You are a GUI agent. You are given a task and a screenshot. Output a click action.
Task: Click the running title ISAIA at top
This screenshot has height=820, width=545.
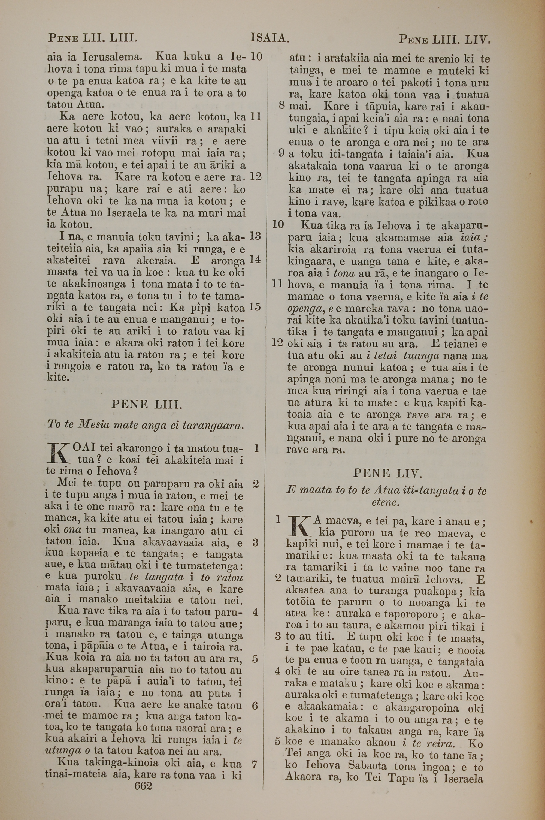[270, 38]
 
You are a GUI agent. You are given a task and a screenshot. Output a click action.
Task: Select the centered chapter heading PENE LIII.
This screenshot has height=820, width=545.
[146, 404]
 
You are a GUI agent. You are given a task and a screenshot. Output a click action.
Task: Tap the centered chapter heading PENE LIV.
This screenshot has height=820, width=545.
[387, 473]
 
